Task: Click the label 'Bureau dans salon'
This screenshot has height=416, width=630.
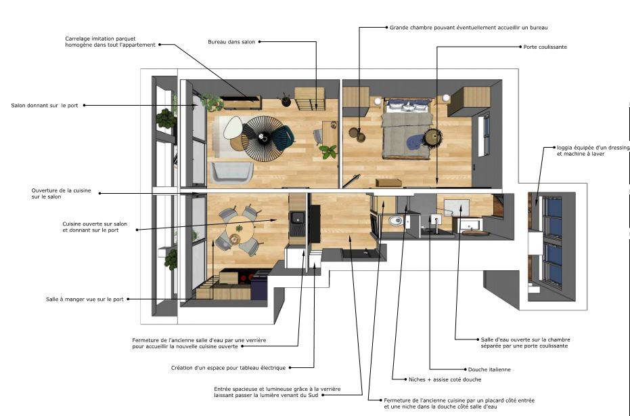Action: pyautogui.click(x=231, y=42)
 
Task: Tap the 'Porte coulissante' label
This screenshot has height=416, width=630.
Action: pyautogui.click(x=545, y=47)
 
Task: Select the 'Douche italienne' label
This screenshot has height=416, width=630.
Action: pyautogui.click(x=489, y=369)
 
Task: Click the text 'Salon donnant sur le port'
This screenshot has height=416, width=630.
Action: pyautogui.click(x=45, y=106)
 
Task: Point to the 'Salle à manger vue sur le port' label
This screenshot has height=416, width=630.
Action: pyautogui.click(x=85, y=299)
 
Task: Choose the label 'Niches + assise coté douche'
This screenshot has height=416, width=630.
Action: pyautogui.click(x=445, y=379)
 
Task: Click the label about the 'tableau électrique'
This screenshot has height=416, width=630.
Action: pyautogui.click(x=228, y=368)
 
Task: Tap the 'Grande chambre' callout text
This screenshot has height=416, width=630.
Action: pyautogui.click(x=468, y=28)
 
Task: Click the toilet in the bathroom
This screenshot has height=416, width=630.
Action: pyautogui.click(x=396, y=220)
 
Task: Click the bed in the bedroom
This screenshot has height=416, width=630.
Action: pyautogui.click(x=407, y=129)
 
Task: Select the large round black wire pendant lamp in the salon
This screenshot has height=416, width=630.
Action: pyautogui.click(x=263, y=138)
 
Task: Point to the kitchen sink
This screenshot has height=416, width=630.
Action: pyautogui.click(x=298, y=217)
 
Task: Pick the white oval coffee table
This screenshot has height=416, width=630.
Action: pyautogui.click(x=233, y=127)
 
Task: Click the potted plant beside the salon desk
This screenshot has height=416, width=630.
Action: pyautogui.click(x=328, y=152)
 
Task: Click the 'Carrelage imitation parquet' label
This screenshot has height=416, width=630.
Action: pyautogui.click(x=110, y=42)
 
